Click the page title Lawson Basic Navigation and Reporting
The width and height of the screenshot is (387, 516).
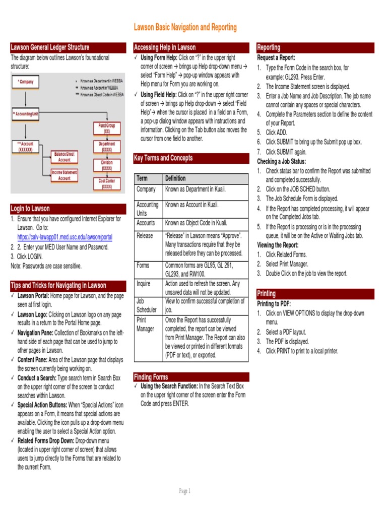[184, 27]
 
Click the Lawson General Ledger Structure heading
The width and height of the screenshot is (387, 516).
[50, 47]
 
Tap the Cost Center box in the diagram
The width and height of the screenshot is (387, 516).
[107, 184]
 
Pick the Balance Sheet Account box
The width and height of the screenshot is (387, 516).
[64, 157]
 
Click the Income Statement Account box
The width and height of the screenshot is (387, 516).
[64, 175]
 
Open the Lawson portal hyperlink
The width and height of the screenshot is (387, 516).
[64, 237]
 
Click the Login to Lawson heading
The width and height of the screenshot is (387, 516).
[31, 209]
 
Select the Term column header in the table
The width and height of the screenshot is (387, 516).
[142, 178]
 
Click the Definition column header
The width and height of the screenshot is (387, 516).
[175, 178]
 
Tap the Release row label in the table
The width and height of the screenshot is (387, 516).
[145, 236]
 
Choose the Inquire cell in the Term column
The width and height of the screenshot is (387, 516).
[144, 284]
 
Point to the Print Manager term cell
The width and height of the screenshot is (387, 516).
[146, 324]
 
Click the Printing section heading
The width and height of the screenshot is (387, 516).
[267, 293]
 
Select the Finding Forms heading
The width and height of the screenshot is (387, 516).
[151, 377]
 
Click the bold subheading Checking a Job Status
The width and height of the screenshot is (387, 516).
[282, 161]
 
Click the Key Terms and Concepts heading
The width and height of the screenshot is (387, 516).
[163, 158]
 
